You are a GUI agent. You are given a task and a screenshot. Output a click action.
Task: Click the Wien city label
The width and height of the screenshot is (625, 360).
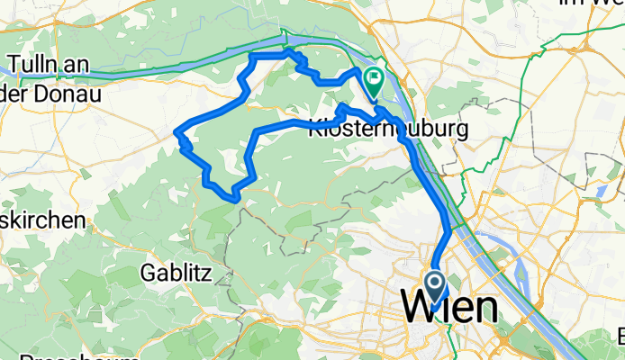coord(449,309)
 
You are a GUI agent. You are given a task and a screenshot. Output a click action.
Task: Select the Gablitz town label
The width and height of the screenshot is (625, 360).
coord(177,271)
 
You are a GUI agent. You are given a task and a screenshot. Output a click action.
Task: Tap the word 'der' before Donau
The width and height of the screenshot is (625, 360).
coord(14,92)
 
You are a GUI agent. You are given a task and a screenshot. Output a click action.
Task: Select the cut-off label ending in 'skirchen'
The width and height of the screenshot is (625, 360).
coord(42,220)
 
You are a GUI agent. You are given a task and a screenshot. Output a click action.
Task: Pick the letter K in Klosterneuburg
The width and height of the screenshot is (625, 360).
coord(315,130)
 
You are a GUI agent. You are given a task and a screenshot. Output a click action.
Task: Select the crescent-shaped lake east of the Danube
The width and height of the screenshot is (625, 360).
coord(601,191)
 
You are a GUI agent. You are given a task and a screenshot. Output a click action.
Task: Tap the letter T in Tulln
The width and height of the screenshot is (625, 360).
coord(14,65)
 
